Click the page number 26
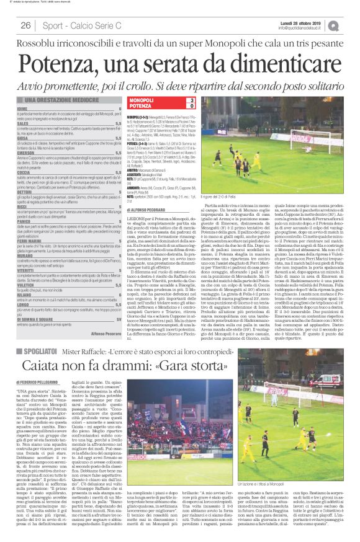coord(26,25)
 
